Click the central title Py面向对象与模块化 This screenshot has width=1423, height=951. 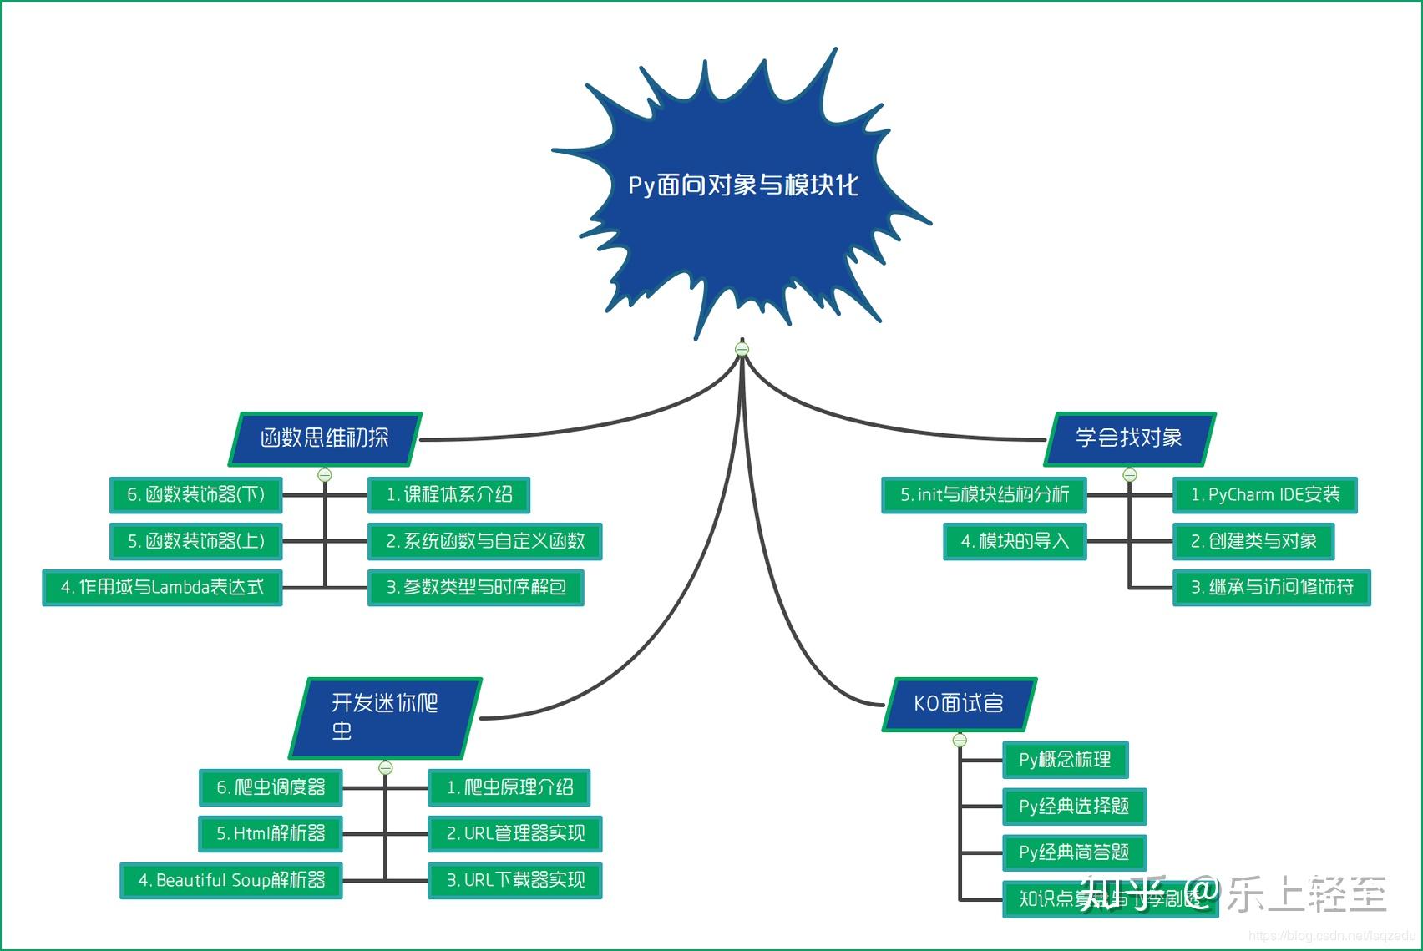[742, 185]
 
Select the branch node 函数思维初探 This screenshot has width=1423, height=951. [325, 438]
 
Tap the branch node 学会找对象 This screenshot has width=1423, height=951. [1129, 438]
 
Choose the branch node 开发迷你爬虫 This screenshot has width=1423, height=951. [385, 716]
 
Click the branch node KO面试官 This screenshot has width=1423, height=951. [959, 704]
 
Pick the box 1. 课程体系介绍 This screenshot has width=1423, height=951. [448, 495]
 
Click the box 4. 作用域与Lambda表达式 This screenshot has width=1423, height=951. [162, 588]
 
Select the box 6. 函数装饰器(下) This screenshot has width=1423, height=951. [195, 495]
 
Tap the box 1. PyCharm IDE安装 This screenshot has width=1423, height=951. [1264, 495]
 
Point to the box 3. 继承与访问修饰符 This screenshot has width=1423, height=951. [1271, 588]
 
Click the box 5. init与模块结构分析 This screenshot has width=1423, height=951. [984, 495]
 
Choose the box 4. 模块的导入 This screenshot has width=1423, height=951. [1014, 542]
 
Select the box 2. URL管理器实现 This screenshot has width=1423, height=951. [514, 833]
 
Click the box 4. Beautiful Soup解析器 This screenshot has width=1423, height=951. [231, 880]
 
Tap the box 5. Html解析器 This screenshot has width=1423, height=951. [271, 833]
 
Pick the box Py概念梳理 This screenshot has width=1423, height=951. [1065, 760]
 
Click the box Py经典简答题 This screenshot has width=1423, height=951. [1074, 852]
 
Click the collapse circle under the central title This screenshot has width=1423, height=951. [742, 349]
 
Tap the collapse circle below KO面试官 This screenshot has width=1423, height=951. [960, 740]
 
